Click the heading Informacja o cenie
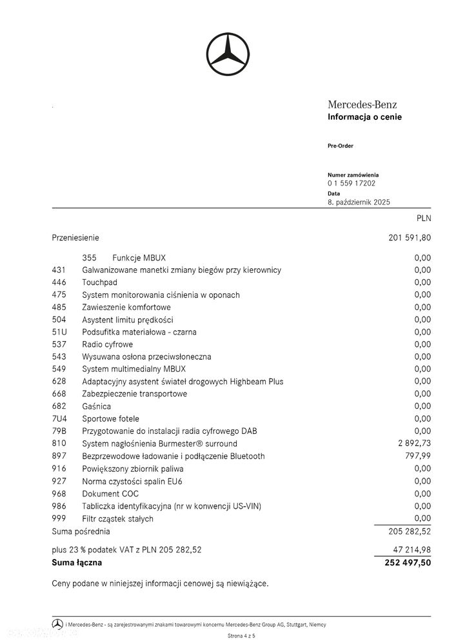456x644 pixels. coord(364,117)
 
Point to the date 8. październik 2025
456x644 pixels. coord(359,202)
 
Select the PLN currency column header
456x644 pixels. coord(424,219)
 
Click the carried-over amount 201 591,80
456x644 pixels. coord(410,238)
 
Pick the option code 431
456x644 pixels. coord(59,270)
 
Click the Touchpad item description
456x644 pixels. coord(99,282)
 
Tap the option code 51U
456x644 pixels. coord(59,332)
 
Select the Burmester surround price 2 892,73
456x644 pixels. coord(414,444)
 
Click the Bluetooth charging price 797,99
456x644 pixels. coord(418,456)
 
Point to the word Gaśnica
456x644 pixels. coord(96,406)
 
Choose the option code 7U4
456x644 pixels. coord(59,419)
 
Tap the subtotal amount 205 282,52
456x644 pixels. coord(410,532)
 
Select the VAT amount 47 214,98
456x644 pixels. coord(412,550)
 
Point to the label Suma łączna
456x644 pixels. coord(77,563)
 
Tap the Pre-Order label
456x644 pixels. coord(341,146)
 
